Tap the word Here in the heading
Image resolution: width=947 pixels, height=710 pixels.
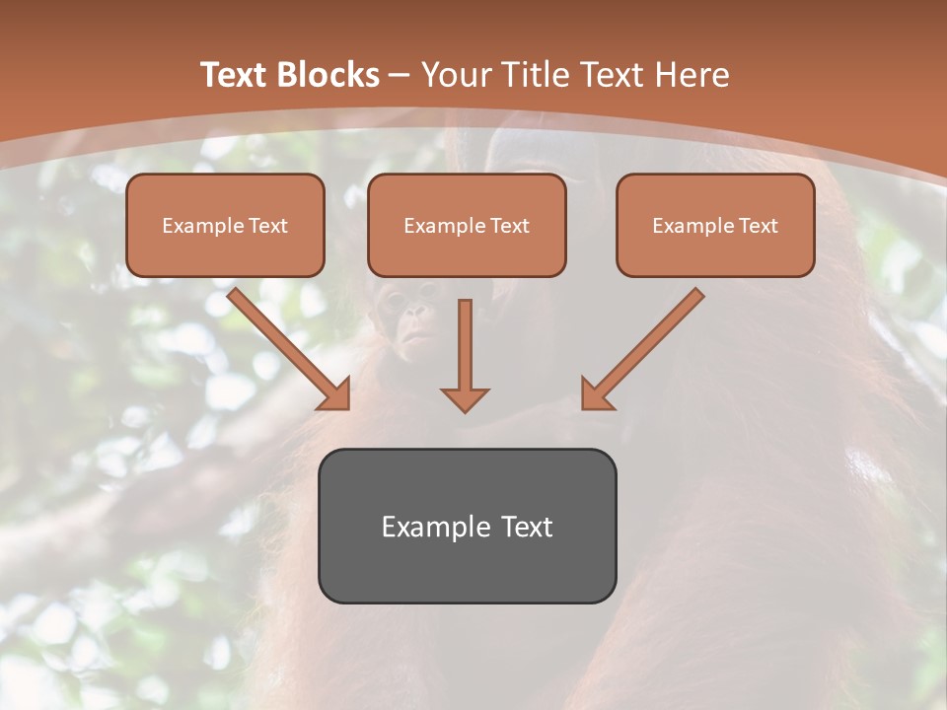(693, 75)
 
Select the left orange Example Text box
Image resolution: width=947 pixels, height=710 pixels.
(225, 225)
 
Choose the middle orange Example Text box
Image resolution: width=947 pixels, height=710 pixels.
(467, 225)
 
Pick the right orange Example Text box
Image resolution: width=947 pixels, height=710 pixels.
(715, 225)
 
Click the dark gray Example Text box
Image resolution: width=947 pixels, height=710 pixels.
(467, 526)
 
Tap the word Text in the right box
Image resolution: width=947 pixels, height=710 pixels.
(758, 226)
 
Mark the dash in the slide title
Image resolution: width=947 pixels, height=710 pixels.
(400, 76)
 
